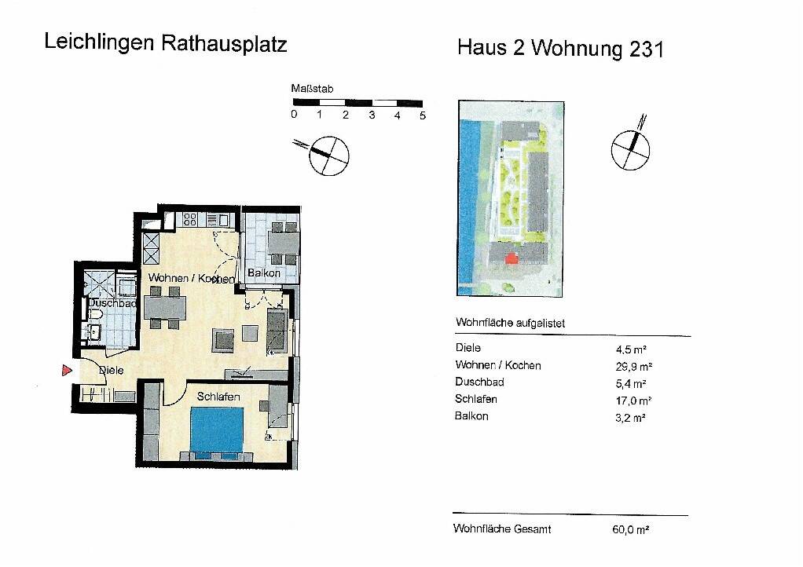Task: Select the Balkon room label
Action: coord(262,273)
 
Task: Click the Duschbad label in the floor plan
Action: coord(112,302)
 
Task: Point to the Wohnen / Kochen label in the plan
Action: coord(191,279)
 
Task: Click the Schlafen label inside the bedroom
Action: coord(218,397)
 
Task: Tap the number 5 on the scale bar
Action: coord(423,115)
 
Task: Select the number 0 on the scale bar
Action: coord(294,115)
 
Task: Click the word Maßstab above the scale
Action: coord(312,90)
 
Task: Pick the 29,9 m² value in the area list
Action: coord(634,366)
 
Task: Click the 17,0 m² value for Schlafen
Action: coord(632,401)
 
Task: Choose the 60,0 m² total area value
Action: coord(630,530)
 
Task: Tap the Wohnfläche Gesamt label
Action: coord(502,529)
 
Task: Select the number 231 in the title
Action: coord(647,49)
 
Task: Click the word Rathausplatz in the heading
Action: coord(224,43)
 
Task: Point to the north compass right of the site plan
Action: coord(632,148)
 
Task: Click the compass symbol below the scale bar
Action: coord(328,155)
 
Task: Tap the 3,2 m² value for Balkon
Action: coord(631,418)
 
